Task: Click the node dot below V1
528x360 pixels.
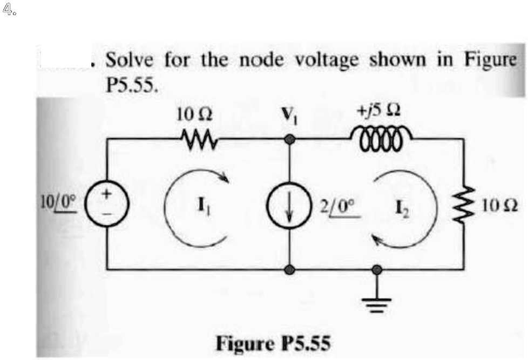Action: [290, 140]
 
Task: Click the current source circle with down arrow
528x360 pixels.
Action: [290, 206]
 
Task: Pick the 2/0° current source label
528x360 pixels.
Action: [339, 206]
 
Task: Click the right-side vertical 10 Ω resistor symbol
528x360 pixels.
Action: [463, 205]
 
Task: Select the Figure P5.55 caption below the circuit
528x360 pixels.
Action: [274, 343]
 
